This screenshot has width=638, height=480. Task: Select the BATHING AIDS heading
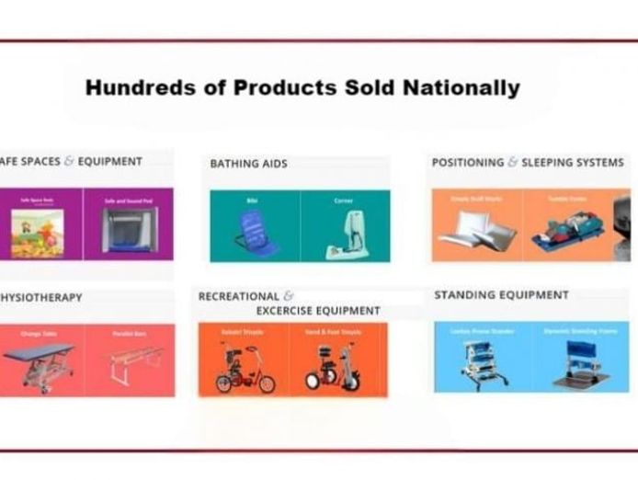[248, 164]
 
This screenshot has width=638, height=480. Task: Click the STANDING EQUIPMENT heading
[501, 295]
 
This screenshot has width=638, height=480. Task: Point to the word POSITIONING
[468, 163]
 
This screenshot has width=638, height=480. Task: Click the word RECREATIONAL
[238, 296]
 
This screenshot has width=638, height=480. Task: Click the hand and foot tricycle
[336, 367]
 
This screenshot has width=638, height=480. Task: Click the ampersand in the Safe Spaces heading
[69, 161]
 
